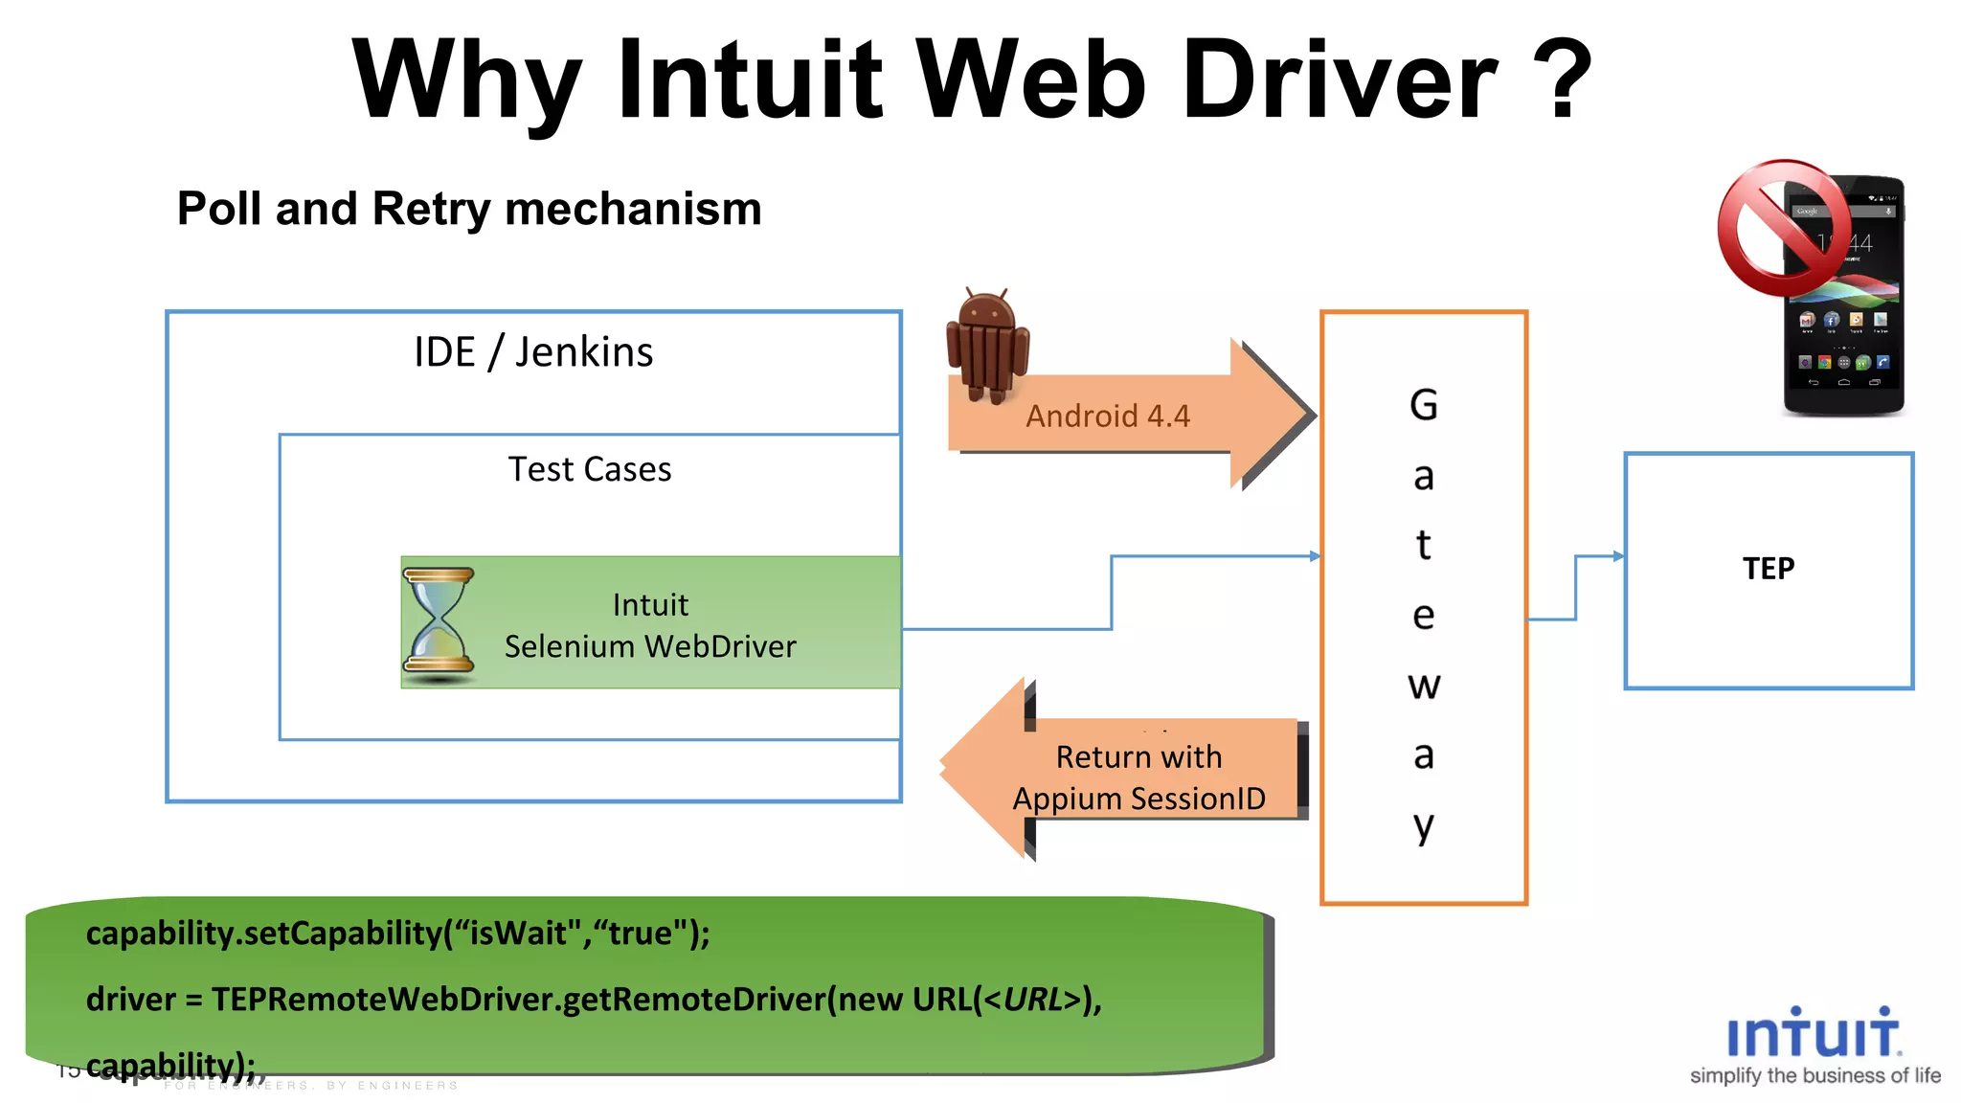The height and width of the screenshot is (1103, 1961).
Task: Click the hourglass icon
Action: [439, 622]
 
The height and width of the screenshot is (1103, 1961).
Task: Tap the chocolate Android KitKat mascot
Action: [987, 345]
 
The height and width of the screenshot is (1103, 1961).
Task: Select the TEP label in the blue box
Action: [1769, 569]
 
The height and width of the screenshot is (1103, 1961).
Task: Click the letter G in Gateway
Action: [1424, 405]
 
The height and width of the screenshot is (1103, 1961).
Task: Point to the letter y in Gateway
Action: [1424, 825]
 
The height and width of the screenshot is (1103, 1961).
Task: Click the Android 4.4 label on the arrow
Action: [1108, 416]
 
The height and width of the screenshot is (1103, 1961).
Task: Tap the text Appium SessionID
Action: [1138, 799]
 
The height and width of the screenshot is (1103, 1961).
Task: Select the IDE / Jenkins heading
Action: [533, 352]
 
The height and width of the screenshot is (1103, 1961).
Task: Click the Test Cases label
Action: [590, 469]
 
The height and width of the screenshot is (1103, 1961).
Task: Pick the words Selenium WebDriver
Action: [650, 647]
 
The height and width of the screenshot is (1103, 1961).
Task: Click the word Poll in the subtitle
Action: [218, 209]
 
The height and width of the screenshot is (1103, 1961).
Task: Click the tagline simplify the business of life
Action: [1814, 1076]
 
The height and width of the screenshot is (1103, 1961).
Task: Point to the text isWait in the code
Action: [518, 933]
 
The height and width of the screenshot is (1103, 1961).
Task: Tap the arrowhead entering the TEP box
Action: [1617, 556]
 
